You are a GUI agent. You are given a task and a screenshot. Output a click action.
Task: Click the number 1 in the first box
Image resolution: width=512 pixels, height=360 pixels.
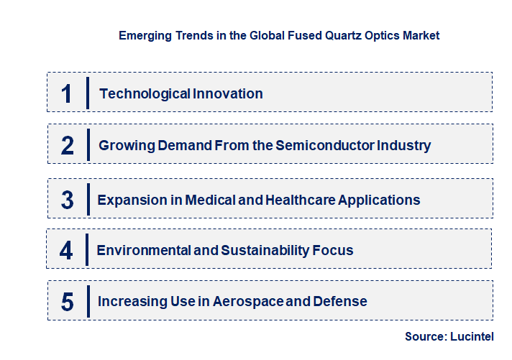coord(67,93)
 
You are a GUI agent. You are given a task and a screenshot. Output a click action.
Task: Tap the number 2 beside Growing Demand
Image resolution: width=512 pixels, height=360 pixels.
coord(67,146)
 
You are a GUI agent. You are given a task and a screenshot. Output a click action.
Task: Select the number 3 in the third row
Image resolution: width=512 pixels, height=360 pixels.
coord(67,200)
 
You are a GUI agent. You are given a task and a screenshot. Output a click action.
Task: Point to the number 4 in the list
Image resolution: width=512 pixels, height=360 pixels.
coord(66,251)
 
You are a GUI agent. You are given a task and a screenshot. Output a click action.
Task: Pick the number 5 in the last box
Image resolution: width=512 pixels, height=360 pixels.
coord(67,302)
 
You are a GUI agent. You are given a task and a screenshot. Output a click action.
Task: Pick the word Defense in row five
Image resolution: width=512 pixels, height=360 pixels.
coord(339,301)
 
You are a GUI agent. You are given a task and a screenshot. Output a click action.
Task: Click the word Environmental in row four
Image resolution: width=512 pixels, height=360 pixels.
coord(141,250)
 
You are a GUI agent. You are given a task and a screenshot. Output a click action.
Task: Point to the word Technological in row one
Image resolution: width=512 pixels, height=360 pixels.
coord(145,93)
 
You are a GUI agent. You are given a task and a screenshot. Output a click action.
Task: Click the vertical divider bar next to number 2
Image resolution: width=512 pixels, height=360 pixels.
coord(87,144)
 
